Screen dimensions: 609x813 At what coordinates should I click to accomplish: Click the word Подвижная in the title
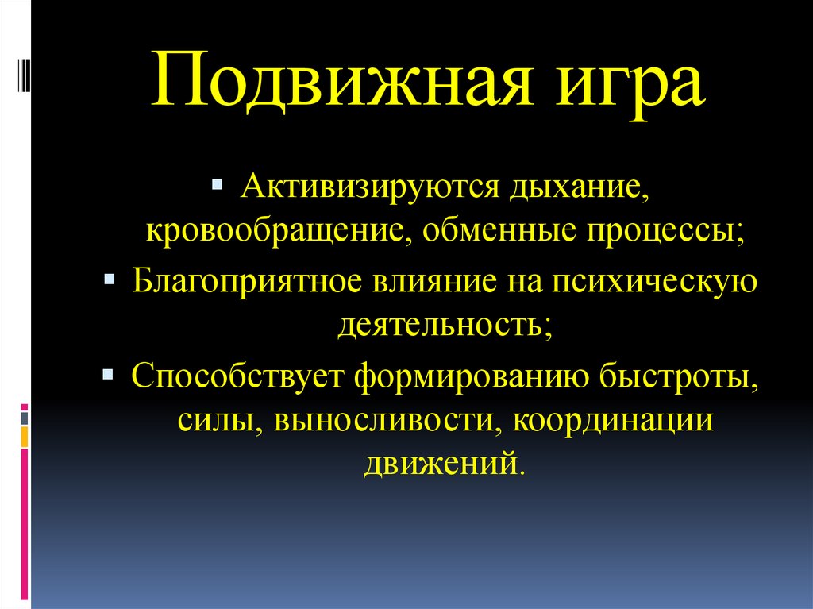click(x=341, y=80)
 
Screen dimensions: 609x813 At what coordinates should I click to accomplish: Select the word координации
click(x=614, y=422)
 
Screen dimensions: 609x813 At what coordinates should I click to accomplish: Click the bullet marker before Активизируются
click(x=217, y=187)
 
